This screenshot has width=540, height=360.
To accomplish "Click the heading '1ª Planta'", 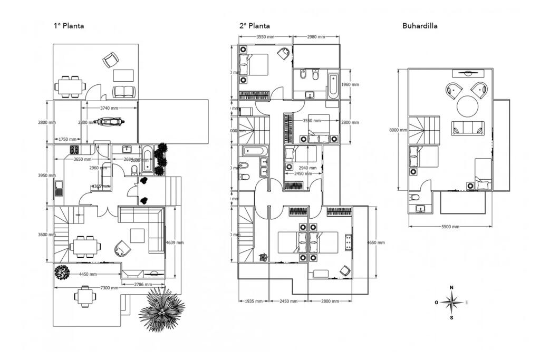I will pos(69,25).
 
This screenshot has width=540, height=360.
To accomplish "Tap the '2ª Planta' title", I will pos(255,25).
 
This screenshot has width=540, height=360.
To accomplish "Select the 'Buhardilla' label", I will pos(420,25).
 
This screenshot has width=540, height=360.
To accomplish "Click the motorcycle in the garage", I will pos(109,122).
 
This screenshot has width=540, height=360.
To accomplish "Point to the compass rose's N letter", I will pos(451,287).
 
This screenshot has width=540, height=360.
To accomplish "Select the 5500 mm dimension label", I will pos(450,227).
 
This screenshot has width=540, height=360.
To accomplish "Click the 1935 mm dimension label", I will pos(254,301).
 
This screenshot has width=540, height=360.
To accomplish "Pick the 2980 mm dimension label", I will pos(316,37).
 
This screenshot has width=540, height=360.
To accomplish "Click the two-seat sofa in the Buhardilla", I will pos(467,128).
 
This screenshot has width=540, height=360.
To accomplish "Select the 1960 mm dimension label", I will pos(350,84).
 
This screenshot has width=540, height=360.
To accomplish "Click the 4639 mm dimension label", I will pos(175,243).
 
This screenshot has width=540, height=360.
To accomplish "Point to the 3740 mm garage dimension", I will pos(109,108).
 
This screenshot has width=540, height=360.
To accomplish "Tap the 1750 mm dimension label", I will pos(67,140).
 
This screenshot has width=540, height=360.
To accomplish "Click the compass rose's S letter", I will pos(451,318).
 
